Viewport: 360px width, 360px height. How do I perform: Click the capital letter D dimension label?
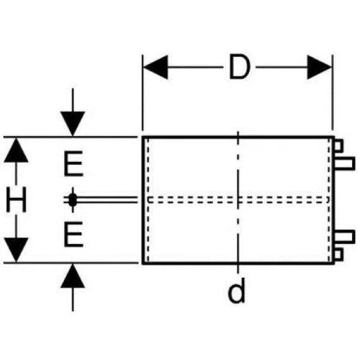coord(239,67)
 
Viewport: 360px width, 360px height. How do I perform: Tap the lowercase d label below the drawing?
coord(237,290)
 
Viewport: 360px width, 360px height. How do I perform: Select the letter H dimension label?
coord(16,199)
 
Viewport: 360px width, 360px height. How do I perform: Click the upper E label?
coord(73,163)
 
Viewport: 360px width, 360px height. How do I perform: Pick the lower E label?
coord(73,234)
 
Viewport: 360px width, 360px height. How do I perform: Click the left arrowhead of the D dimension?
coord(156,67)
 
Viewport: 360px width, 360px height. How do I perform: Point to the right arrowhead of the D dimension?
coord(320,67)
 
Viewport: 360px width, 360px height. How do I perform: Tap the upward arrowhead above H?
coord(16,150)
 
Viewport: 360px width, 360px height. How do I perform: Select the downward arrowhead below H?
coord(16,250)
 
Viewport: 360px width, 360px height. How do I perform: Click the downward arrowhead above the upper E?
coord(73,124)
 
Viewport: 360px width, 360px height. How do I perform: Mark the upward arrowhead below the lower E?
coord(73,276)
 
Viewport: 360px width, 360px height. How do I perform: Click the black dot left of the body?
coord(73,199)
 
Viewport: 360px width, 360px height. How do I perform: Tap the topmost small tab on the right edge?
coord(338,145)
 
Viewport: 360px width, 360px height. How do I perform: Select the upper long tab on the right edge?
coord(345,163)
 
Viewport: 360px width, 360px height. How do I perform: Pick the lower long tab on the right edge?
coord(345,237)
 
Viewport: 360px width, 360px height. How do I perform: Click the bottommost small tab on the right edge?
coord(338,254)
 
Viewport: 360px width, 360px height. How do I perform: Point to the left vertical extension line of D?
coord(143,93)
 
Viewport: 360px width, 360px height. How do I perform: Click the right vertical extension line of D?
coord(333,93)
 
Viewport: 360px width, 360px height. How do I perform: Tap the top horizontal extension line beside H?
coord(71,137)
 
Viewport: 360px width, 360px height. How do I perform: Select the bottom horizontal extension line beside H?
coord(71,263)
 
